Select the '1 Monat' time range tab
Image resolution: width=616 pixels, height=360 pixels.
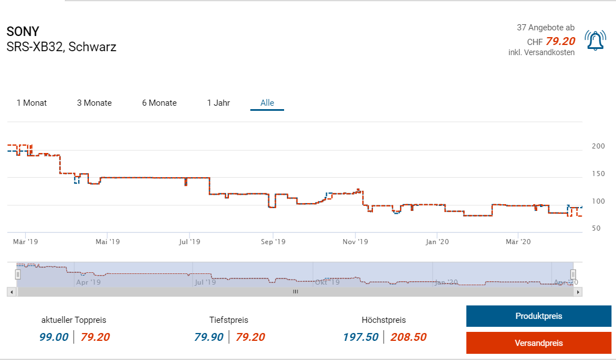[32, 103]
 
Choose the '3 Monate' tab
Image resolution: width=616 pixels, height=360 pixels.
[95, 103]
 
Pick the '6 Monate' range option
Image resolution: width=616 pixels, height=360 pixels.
[159, 103]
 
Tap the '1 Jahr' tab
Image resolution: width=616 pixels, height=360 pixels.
[218, 103]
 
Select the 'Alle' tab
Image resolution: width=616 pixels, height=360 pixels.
[267, 103]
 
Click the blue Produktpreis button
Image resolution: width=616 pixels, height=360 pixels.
[538, 316]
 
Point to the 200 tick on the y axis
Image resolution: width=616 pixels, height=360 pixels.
[598, 146]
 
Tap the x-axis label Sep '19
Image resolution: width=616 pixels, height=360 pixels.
[273, 242]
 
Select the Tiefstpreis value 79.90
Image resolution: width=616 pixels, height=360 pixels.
[209, 337]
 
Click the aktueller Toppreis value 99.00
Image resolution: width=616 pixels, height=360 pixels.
[54, 337]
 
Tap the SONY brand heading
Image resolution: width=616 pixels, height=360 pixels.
[23, 31]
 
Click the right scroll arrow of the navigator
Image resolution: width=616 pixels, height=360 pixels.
[579, 292]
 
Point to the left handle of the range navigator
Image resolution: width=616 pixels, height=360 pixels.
[18, 274]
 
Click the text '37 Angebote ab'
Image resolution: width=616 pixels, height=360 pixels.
[546, 28]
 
